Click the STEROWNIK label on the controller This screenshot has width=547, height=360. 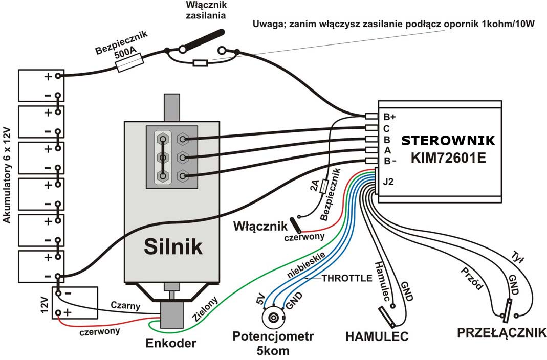click(448, 141)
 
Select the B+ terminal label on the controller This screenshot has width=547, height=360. click(390, 117)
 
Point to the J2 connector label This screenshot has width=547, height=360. click(389, 181)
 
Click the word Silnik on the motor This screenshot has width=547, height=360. click(172, 246)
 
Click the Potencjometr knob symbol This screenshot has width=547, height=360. click(273, 318)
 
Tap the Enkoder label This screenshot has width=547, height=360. click(170, 343)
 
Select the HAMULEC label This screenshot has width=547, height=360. click(377, 336)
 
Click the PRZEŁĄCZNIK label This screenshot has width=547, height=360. click(501, 333)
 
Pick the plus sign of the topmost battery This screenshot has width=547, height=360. click(48, 77)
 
